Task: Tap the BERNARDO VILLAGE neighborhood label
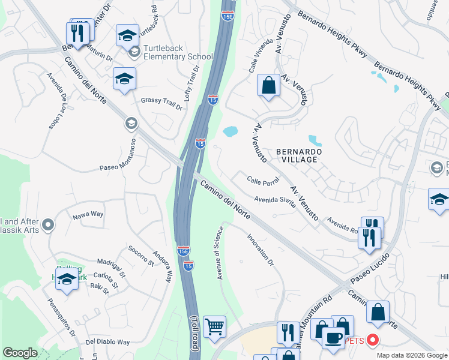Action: click(x=300, y=156)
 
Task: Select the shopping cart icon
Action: click(x=214, y=327)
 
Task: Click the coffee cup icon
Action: click(x=333, y=337)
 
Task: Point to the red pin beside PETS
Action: click(x=373, y=340)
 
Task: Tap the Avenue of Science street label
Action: click(x=218, y=253)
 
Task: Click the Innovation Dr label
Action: click(x=261, y=250)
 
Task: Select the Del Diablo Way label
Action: click(x=107, y=342)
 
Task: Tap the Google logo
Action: click(x=20, y=353)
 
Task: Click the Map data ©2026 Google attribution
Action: click(x=412, y=355)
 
